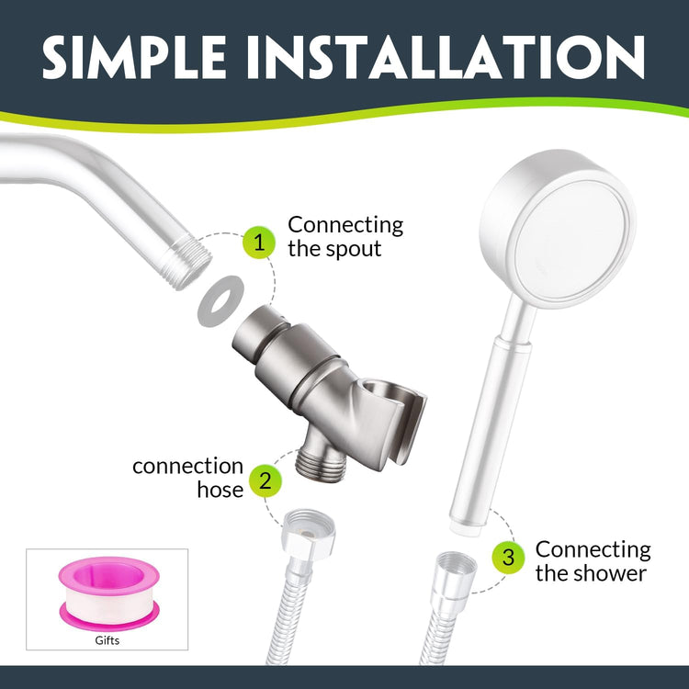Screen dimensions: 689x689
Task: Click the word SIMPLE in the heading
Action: point(134,57)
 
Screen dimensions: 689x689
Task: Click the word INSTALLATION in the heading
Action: point(446,57)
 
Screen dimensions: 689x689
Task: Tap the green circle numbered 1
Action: point(259,243)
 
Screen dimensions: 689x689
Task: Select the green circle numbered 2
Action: point(265,480)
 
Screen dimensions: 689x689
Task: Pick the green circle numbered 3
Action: point(508,558)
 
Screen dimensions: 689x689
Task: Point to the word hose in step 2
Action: point(220,490)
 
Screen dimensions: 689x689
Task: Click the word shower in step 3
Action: point(613,573)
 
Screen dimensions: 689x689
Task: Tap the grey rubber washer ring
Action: point(220,301)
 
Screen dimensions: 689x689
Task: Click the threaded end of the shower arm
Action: point(186,263)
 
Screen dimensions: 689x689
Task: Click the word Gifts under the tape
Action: point(107,640)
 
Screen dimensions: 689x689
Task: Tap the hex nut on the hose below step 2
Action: point(309,533)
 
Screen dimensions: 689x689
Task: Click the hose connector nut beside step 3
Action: point(456,570)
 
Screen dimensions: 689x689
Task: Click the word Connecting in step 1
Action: point(345,226)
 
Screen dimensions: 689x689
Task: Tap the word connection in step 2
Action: point(188,466)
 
